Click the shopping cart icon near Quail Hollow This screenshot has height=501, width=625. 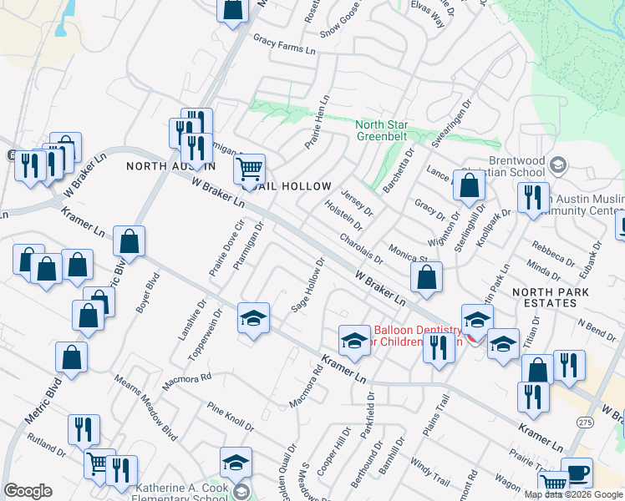click(x=249, y=170)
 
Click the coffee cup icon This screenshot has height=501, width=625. click(x=577, y=473)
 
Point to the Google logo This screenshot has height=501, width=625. click(x=28, y=491)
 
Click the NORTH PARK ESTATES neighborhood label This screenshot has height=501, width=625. click(x=551, y=298)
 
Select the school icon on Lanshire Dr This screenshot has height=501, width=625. click(x=253, y=318)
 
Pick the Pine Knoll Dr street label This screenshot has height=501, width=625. click(x=231, y=415)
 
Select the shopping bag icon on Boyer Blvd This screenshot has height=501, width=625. click(x=129, y=242)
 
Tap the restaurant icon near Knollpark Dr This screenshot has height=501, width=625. click(x=531, y=198)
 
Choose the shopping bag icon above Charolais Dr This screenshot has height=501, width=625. click(x=470, y=187)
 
